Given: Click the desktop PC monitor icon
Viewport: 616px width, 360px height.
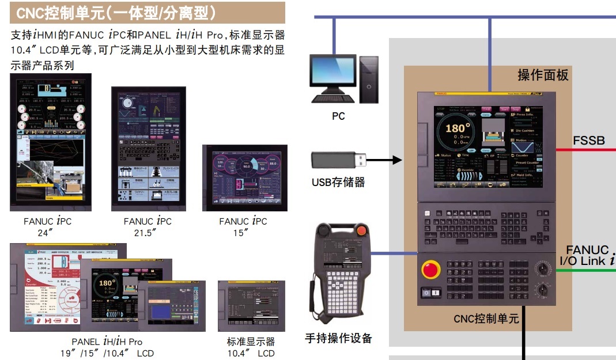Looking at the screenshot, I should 332,75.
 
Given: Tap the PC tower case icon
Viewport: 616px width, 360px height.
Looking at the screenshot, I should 369,79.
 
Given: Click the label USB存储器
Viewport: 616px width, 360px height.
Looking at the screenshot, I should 338,183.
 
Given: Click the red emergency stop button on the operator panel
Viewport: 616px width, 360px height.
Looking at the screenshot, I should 430,270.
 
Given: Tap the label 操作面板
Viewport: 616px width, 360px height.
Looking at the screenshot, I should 543,75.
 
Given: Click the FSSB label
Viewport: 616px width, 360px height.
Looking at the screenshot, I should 588,140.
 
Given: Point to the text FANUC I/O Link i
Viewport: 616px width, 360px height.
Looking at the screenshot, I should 587,255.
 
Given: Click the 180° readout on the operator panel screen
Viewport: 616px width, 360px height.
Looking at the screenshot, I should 455,128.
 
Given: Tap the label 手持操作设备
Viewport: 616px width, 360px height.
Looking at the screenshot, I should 338,338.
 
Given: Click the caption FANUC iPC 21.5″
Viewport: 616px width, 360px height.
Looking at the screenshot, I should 148,226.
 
